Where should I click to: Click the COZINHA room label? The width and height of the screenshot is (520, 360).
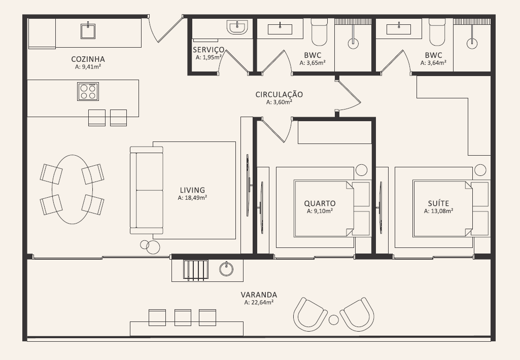click(88, 59)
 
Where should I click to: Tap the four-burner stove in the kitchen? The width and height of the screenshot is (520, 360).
click(88, 91)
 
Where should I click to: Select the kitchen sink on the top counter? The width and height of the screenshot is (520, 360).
click(88, 31)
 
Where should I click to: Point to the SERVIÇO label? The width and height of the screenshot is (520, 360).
click(209, 50)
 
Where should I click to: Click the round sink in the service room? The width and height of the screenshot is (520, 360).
click(237, 27)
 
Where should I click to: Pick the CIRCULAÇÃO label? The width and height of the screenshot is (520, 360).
click(279, 94)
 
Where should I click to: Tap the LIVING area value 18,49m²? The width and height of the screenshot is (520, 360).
click(192, 198)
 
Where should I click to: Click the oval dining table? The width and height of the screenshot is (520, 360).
click(72, 189)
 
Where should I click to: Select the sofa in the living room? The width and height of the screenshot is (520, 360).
click(147, 190)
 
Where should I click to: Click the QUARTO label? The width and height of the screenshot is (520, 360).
click(320, 203)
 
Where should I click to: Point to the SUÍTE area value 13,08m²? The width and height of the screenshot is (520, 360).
click(438, 211)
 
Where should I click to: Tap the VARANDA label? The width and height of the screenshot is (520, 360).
click(259, 295)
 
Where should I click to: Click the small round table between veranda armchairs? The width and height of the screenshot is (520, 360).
click(334, 319)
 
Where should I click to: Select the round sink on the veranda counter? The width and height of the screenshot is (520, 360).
click(226, 269)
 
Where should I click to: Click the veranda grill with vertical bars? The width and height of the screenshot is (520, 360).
click(196, 270)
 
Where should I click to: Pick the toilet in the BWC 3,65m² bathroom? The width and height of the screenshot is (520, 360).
click(319, 32)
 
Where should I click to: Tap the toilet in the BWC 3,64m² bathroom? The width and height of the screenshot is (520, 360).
click(437, 32)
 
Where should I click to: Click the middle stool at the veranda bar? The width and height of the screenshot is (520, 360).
click(183, 317)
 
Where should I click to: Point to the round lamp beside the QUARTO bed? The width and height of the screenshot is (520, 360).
click(362, 170)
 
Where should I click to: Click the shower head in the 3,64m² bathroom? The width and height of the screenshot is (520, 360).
click(472, 43)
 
